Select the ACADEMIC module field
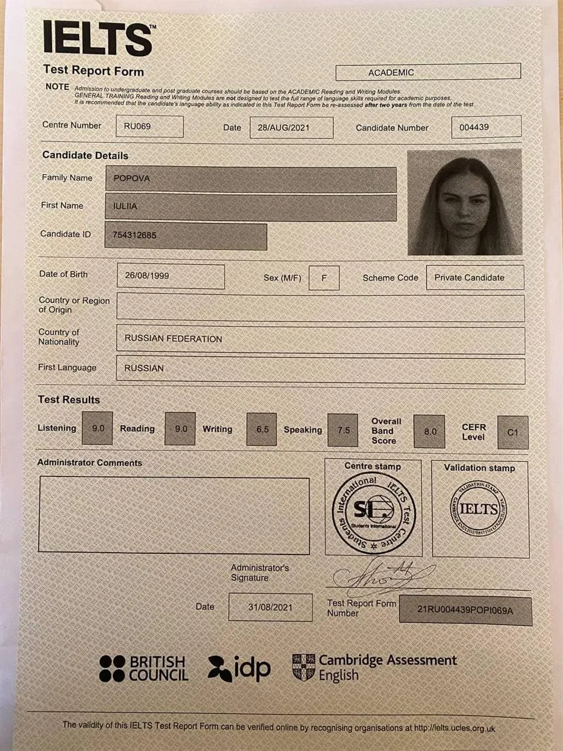428,72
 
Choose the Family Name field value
251,179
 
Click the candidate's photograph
464,202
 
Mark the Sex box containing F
324,278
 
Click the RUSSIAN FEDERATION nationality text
173,339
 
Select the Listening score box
97,429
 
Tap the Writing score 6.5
262,429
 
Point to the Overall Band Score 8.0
430,432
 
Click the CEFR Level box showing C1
512,433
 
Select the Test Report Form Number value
465,610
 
